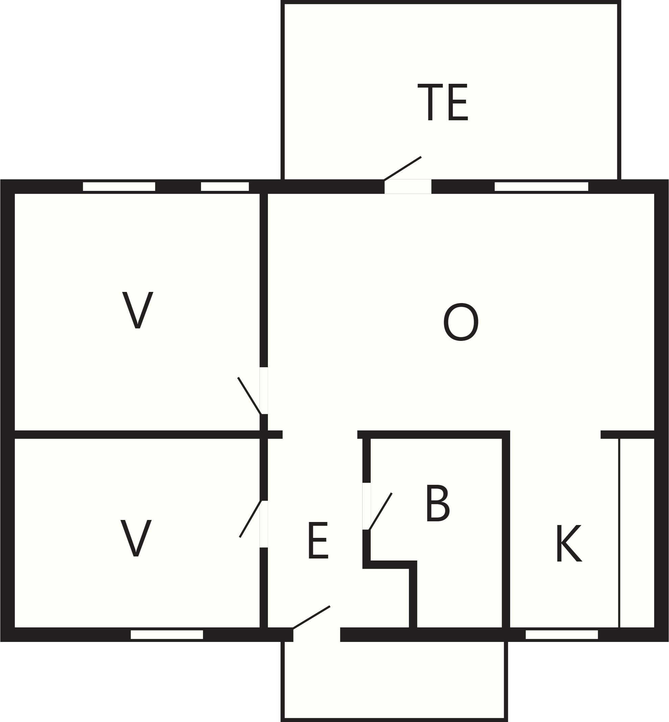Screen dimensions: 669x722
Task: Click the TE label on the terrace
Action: point(443,102)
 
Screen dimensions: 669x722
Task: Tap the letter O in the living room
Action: point(461,322)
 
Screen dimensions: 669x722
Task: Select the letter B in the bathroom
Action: point(438,503)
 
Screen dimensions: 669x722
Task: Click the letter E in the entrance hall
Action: point(318,540)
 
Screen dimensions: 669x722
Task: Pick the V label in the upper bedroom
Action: point(138,310)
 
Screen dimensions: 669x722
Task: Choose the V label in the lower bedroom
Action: point(136,538)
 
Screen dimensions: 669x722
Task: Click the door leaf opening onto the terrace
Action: point(402,168)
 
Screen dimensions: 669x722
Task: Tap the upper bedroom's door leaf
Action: point(249,396)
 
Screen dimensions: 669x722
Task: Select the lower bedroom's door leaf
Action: point(250,519)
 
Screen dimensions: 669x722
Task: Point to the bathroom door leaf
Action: point(380,512)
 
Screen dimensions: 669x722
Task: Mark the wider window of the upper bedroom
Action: point(119,186)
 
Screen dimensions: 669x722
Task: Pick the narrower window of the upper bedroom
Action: point(225,186)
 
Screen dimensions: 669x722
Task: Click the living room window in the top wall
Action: point(542,186)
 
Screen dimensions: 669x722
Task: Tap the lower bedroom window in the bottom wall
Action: point(167,634)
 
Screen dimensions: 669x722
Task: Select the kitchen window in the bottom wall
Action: point(562,634)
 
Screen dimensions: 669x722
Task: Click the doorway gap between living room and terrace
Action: point(408,186)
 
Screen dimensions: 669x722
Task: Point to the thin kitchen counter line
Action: point(620,533)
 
